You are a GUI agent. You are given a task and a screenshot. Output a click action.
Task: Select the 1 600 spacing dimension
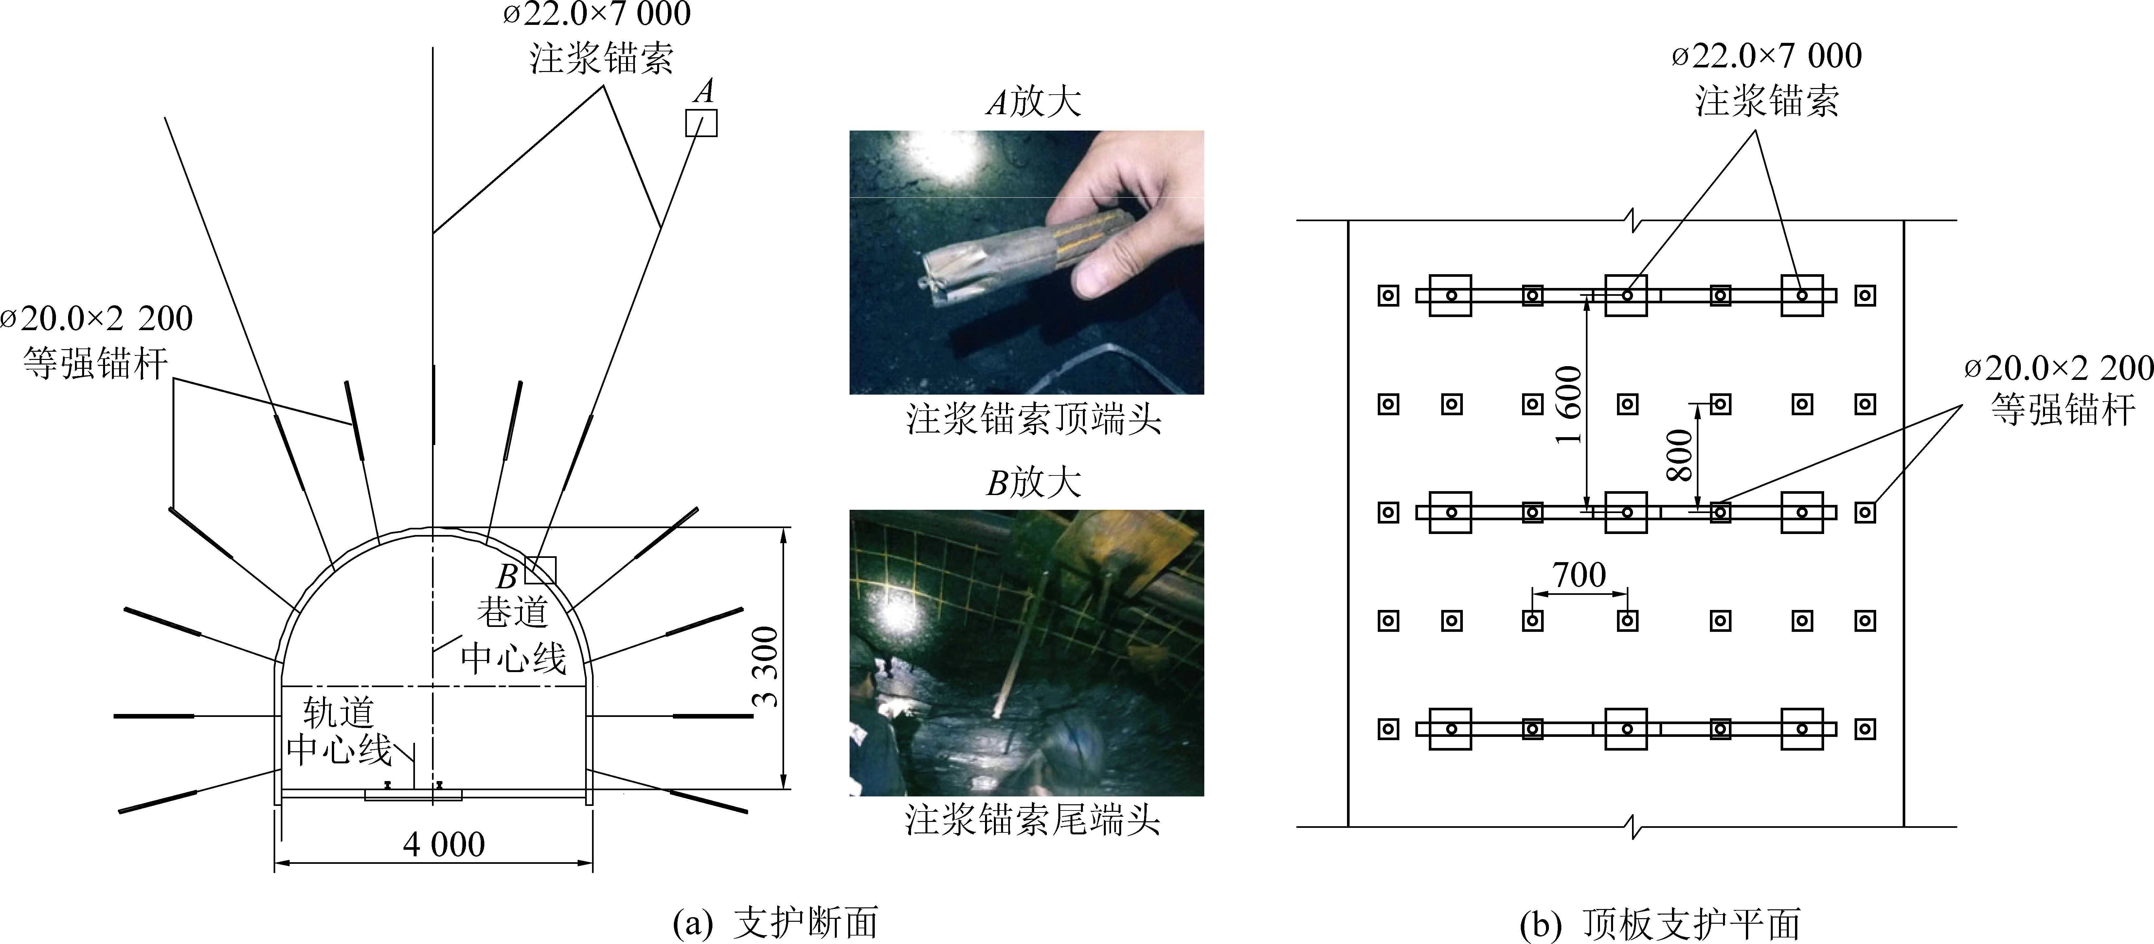click(x=1569, y=404)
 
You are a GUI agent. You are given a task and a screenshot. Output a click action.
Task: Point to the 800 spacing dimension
click(x=1679, y=456)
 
